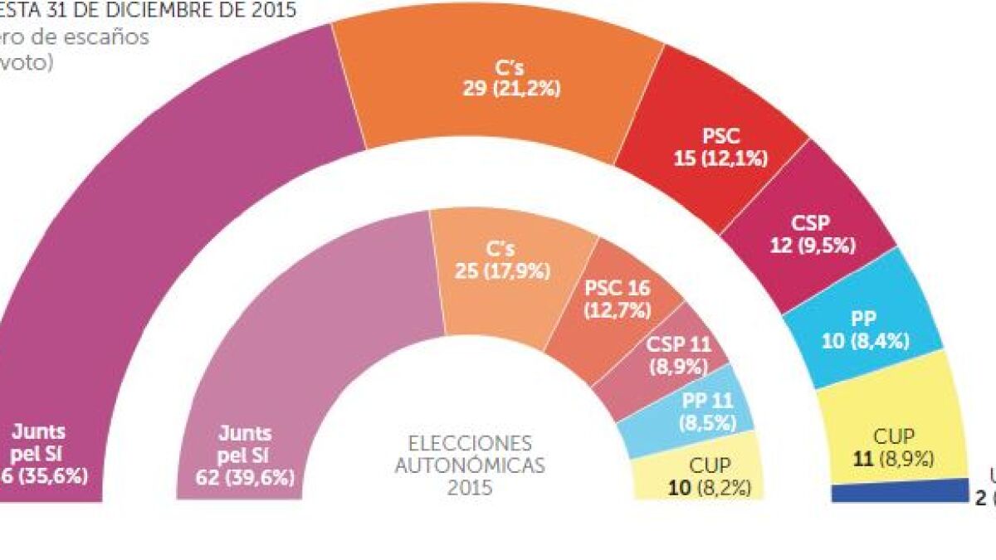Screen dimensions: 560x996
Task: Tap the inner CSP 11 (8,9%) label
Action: pyautogui.click(x=677, y=354)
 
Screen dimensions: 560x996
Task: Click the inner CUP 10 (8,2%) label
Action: pyautogui.click(x=709, y=477)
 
